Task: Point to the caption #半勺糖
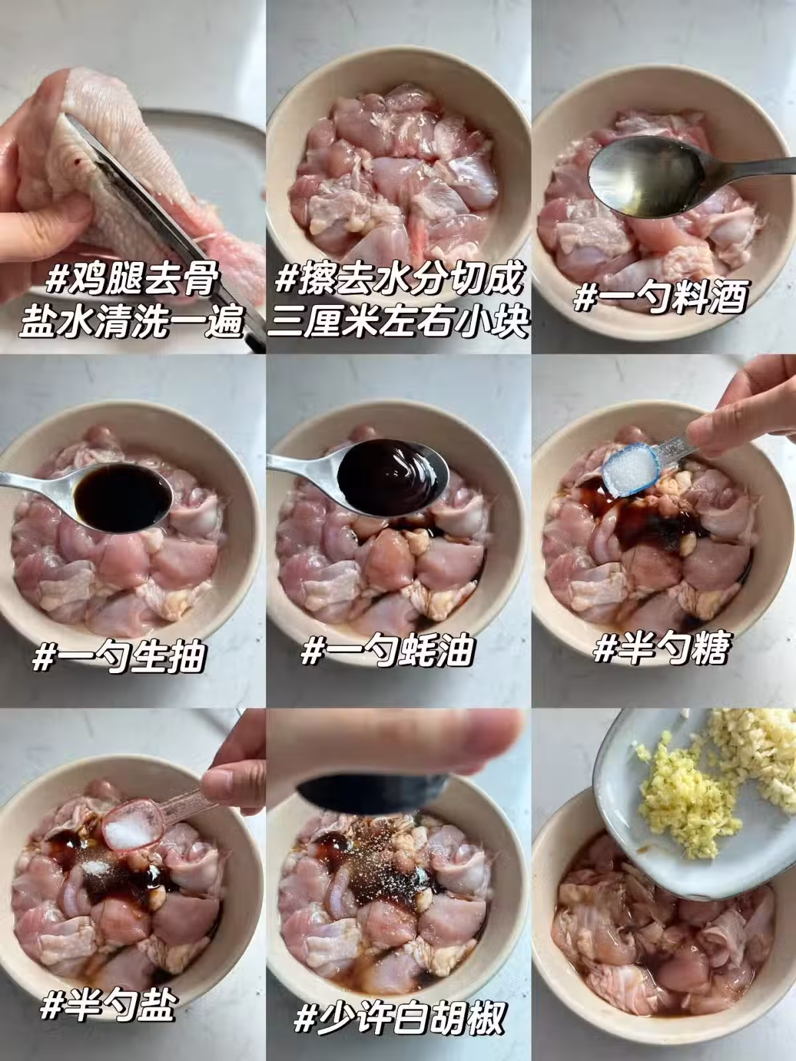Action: coord(661,648)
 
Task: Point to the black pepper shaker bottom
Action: coord(372,792)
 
